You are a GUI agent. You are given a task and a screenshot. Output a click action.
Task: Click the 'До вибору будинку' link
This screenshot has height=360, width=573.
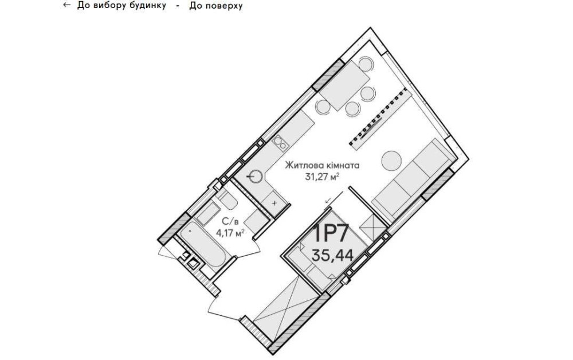click(121, 6)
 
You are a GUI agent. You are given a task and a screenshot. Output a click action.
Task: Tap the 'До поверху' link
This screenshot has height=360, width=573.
click(215, 6)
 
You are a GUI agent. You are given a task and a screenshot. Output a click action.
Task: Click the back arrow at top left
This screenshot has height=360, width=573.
click(66, 5)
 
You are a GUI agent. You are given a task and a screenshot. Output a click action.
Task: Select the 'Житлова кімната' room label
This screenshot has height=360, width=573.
click(322, 166)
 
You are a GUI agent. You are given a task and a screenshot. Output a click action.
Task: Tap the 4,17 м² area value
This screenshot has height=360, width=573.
click(230, 232)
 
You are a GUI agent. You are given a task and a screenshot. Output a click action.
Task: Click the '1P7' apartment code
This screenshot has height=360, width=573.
click(331, 233)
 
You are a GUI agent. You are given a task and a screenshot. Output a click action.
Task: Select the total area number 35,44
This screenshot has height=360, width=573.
click(332, 255)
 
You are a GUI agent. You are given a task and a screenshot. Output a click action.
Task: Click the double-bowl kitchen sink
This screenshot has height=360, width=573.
click(281, 143)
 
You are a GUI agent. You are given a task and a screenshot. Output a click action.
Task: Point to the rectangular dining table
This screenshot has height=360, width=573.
click(344, 85)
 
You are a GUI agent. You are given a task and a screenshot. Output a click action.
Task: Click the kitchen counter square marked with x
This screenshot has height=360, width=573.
click(275, 202)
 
